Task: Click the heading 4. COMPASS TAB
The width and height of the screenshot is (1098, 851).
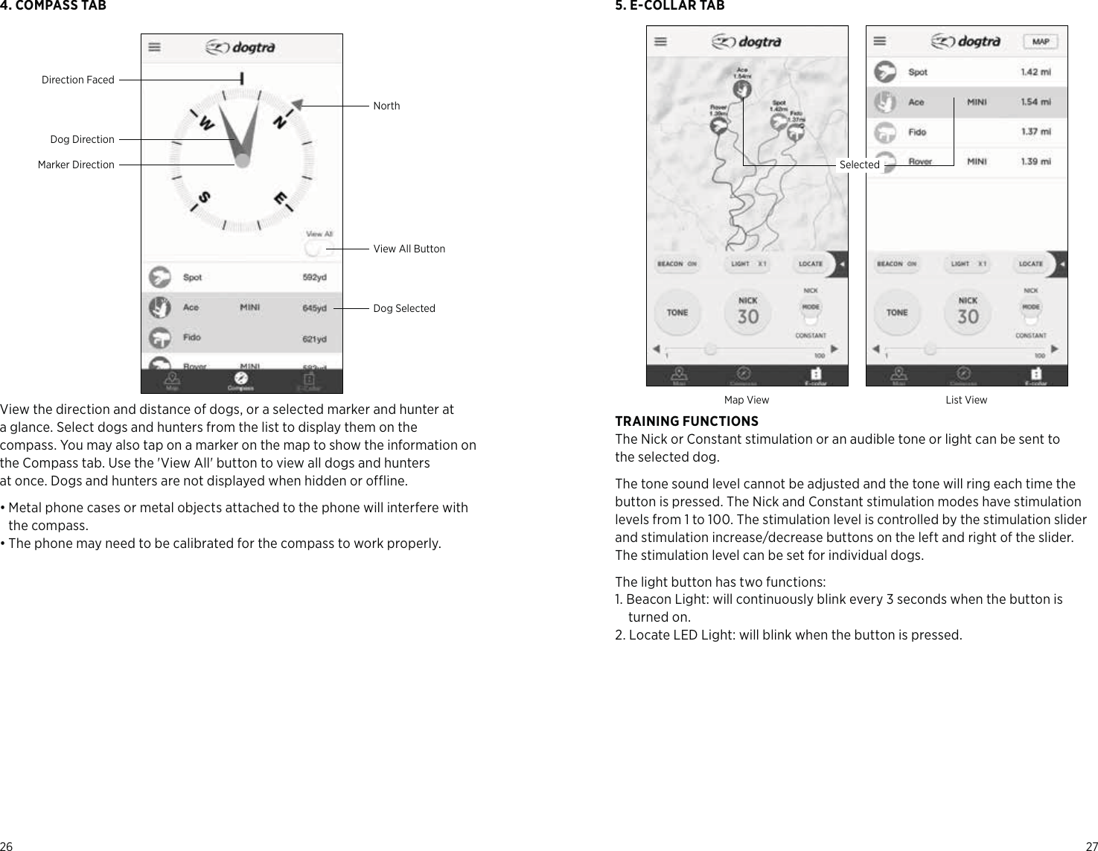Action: pyautogui.click(x=53, y=6)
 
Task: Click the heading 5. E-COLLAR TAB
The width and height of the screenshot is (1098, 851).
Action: pyautogui.click(x=669, y=6)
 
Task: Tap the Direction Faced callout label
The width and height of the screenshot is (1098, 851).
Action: pyautogui.click(x=78, y=80)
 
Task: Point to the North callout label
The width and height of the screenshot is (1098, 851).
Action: pyautogui.click(x=386, y=106)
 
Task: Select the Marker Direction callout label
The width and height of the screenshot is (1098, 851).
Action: pyautogui.click(x=76, y=165)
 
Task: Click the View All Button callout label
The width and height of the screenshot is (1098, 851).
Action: pyautogui.click(x=409, y=249)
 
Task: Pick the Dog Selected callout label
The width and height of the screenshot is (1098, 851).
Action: pyautogui.click(x=403, y=308)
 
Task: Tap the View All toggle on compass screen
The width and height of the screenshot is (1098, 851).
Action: pyautogui.click(x=319, y=249)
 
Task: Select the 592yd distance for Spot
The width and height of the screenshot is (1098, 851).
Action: pyautogui.click(x=314, y=278)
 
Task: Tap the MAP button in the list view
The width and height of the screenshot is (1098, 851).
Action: pyautogui.click(x=1041, y=42)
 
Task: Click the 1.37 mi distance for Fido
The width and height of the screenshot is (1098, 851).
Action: pyautogui.click(x=1035, y=132)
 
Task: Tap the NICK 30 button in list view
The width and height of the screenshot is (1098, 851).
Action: pyautogui.click(x=968, y=310)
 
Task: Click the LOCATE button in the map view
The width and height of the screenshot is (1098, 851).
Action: pyautogui.click(x=810, y=264)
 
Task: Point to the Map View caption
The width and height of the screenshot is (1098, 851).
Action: pyautogui.click(x=747, y=401)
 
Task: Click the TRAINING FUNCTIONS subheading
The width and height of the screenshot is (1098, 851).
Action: pyautogui.click(x=686, y=421)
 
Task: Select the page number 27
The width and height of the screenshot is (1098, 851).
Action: pyautogui.click(x=1091, y=846)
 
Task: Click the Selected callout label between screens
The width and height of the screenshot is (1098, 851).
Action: pyautogui.click(x=859, y=165)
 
